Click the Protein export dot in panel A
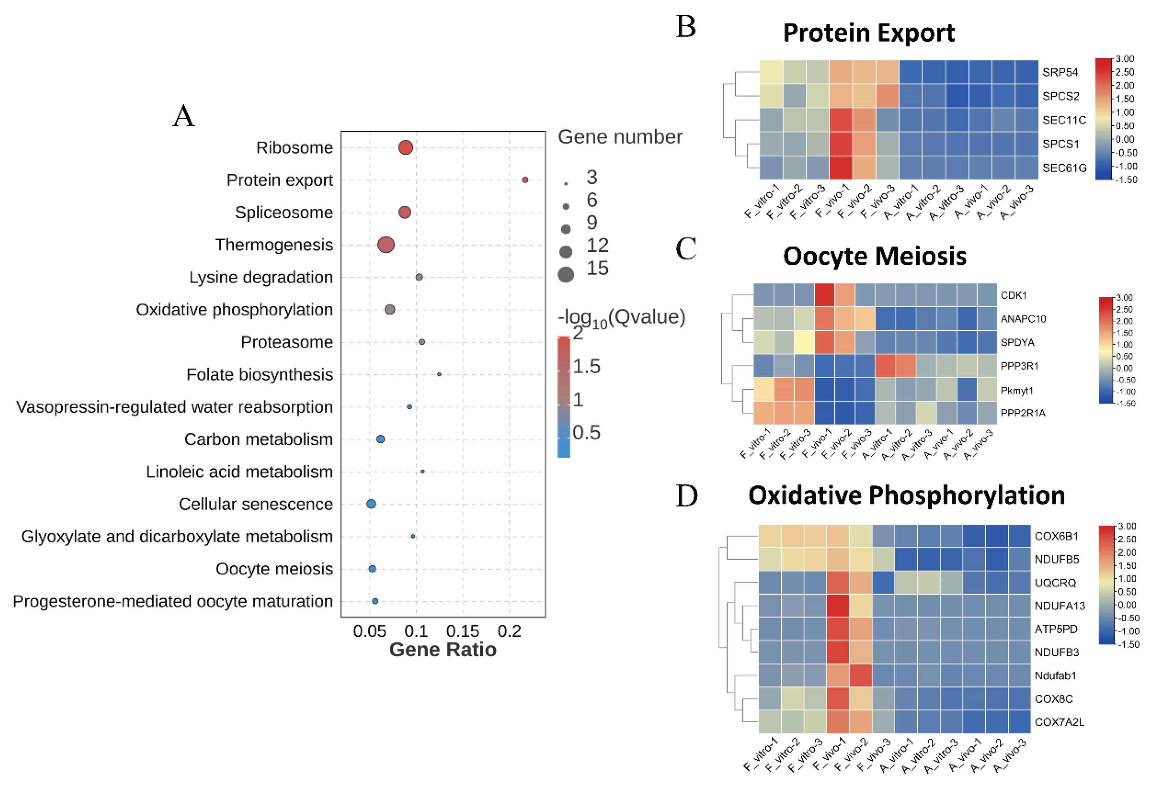pyautogui.click(x=525, y=180)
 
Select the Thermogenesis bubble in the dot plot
pyautogui.click(x=386, y=245)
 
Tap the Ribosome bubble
pyautogui.click(x=406, y=148)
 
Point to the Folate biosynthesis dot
pyautogui.click(x=439, y=374)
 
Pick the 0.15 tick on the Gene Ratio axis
pyautogui.click(x=462, y=631)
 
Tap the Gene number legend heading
pyautogui.click(x=620, y=137)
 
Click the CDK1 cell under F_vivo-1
pyautogui.click(x=825, y=295)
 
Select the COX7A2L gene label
pyautogui.click(x=1059, y=722)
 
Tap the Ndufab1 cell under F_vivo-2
pyautogui.click(x=861, y=675)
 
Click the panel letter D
pyautogui.click(x=686, y=496)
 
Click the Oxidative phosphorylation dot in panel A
pyautogui.click(x=390, y=310)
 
